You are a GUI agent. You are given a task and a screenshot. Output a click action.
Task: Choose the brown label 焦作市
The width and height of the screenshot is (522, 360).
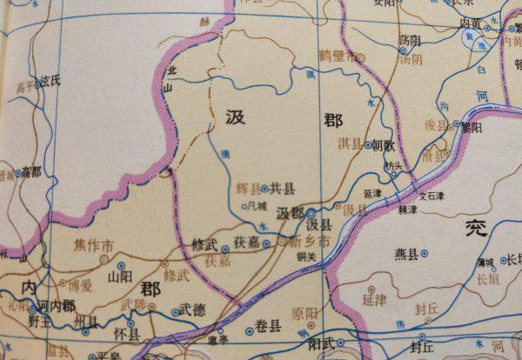(x=93, y=246)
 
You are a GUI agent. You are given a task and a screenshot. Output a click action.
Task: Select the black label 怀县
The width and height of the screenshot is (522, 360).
(x=128, y=334)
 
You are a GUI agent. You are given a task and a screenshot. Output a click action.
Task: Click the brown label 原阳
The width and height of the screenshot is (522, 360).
(x=304, y=313)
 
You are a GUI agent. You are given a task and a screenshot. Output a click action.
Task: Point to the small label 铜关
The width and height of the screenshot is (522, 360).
(x=304, y=256)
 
